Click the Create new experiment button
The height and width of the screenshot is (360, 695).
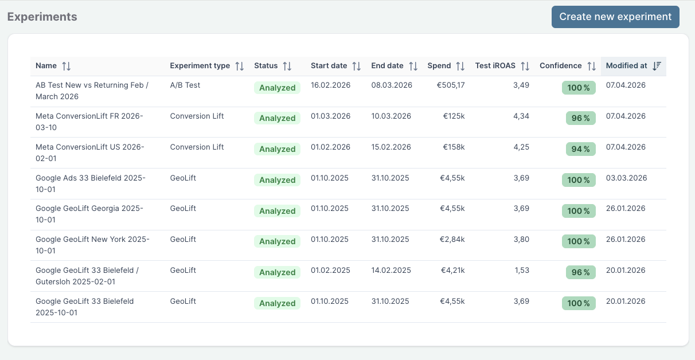pos(615,17)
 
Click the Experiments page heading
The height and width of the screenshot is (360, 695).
pos(42,17)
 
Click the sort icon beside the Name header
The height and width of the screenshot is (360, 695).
pos(67,66)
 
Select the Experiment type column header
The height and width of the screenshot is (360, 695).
pos(200,66)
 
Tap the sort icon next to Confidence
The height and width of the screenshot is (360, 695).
pos(592,66)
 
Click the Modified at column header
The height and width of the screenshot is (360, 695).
pos(626,66)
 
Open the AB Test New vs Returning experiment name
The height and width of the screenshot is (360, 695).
pos(92,91)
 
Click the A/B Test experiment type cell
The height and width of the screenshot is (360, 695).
pos(185,85)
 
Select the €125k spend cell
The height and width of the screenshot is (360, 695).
pos(454,116)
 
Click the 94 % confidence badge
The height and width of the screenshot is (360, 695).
pos(581,149)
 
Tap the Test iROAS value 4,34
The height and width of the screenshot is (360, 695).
pos(521,116)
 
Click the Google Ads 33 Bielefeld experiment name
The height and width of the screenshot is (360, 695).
pos(90,183)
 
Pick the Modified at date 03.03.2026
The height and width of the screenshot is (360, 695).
pos(626,178)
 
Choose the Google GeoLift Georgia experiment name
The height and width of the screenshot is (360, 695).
pos(89,214)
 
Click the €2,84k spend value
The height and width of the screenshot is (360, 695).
pos(452,239)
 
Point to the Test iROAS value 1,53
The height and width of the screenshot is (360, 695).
pos(521,270)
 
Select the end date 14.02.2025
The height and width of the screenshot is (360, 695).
pos(391,270)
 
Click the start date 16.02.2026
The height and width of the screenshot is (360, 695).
pos(330,85)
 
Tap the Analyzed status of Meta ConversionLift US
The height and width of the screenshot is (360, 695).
pos(277,149)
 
